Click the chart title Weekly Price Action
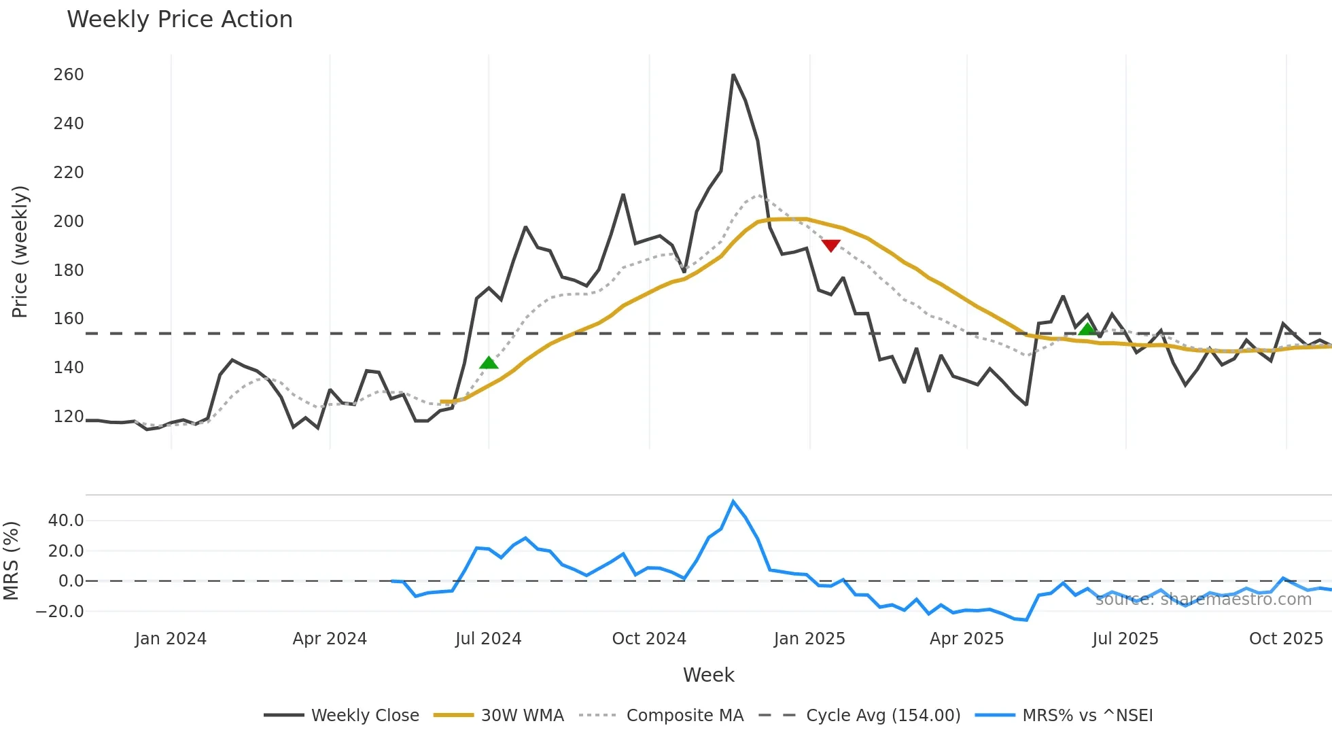pyautogui.click(x=179, y=20)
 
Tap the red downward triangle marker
pyautogui.click(x=830, y=245)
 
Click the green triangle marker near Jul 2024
pyautogui.click(x=489, y=363)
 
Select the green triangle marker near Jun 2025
pyautogui.click(x=1087, y=330)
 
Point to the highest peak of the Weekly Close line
pyautogui.click(x=733, y=75)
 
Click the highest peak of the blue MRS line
pyautogui.click(x=733, y=502)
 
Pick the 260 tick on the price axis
pyautogui.click(x=69, y=75)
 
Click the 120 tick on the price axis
pyautogui.click(x=69, y=417)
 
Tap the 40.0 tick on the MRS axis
pyautogui.click(x=66, y=521)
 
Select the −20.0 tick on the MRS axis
pyautogui.click(x=60, y=612)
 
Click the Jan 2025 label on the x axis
pyautogui.click(x=809, y=639)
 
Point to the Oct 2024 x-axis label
pyautogui.click(x=649, y=639)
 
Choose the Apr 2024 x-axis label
pyautogui.click(x=330, y=639)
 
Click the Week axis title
pyautogui.click(x=708, y=675)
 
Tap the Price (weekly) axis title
pyautogui.click(x=20, y=251)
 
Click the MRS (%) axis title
pyautogui.click(x=11, y=561)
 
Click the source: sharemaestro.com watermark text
pyautogui.click(x=1203, y=599)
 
